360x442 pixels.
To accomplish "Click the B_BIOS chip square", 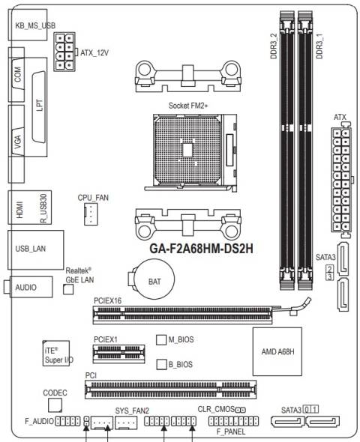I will [x=160, y=364].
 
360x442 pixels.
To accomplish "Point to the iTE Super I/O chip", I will [x=57, y=354].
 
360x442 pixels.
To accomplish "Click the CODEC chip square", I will [x=55, y=405].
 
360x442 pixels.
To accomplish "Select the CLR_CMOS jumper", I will [x=241, y=410].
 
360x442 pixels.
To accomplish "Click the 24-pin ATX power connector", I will [x=341, y=180].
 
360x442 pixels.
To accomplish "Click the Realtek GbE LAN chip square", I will [x=67, y=288].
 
